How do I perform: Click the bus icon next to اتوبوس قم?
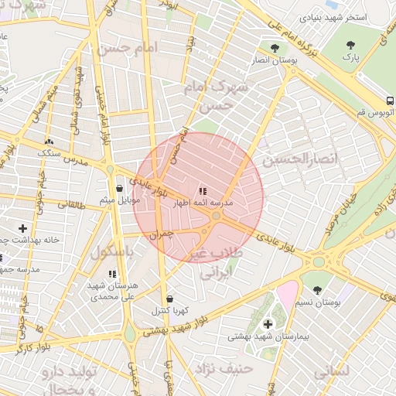point(389,101)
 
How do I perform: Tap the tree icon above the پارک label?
point(351,44)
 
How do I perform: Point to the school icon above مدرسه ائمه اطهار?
point(203,191)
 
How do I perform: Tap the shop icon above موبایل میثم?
point(119,188)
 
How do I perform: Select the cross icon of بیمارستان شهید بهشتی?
point(268,324)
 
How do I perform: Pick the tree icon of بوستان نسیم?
point(318,289)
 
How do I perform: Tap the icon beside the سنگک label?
point(50,142)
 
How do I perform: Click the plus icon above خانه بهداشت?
point(22,228)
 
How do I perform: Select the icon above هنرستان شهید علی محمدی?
point(113,274)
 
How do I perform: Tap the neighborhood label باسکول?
point(113,253)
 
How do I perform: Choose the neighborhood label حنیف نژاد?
point(225,368)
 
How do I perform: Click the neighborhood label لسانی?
point(333,371)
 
